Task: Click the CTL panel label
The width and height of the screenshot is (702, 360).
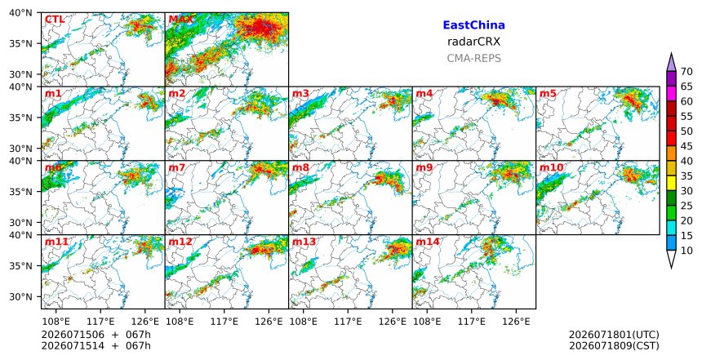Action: pos(55,20)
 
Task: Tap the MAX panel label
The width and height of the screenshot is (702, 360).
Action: pos(180,20)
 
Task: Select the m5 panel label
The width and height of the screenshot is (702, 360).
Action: pos(548,94)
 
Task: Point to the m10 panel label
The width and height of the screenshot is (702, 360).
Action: pos(552,167)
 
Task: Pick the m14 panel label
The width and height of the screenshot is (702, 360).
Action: pos(428,242)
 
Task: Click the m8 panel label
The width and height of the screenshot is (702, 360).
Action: pos(300,167)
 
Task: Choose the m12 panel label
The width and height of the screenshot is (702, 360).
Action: pos(180,242)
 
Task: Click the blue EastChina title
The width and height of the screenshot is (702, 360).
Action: pos(473,25)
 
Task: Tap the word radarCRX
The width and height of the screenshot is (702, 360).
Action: pos(473,42)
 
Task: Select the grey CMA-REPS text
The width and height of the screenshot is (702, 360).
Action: pos(473,58)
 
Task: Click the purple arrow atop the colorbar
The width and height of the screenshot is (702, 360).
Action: pos(671,62)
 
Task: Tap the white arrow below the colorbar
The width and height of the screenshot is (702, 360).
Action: pos(671,259)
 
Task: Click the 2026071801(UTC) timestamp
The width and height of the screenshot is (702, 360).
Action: pos(614,335)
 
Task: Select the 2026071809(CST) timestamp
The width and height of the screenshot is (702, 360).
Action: pos(614,345)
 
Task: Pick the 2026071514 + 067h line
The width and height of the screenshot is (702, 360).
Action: pos(96,345)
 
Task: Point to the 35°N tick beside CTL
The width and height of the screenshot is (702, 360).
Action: pos(20,44)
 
